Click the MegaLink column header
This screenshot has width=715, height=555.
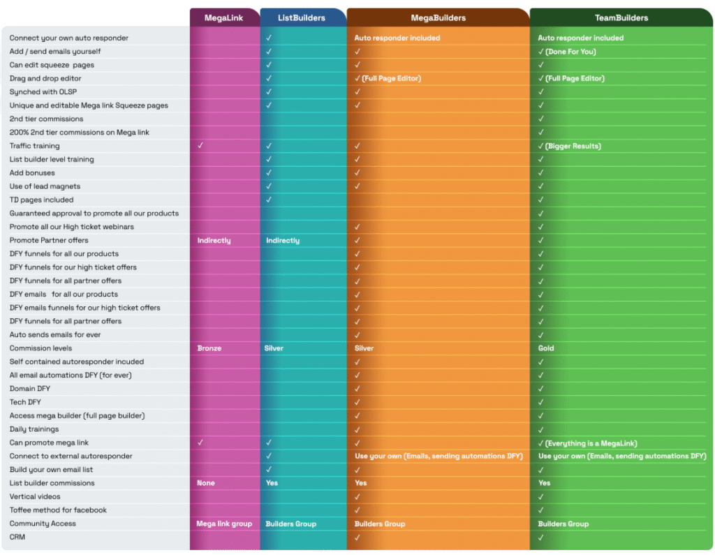coord(223,17)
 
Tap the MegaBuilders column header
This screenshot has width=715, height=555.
coord(437,17)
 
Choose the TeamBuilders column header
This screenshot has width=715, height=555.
coord(621,17)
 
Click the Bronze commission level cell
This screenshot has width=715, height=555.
coord(209,348)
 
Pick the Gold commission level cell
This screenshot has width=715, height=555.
coord(546,348)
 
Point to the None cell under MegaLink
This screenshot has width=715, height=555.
coord(206,483)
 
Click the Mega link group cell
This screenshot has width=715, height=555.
coord(224,524)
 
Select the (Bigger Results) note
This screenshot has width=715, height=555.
coord(573,146)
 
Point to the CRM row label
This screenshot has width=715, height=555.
coord(17,537)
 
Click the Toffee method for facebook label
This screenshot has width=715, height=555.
coord(58,510)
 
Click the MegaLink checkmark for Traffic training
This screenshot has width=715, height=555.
coord(200,146)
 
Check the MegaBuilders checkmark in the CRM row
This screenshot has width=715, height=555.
coord(357,537)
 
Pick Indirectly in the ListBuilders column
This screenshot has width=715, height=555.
coord(283,240)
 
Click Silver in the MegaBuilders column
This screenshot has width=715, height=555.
coord(364,348)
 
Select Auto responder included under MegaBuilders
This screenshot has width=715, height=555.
coord(397,38)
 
